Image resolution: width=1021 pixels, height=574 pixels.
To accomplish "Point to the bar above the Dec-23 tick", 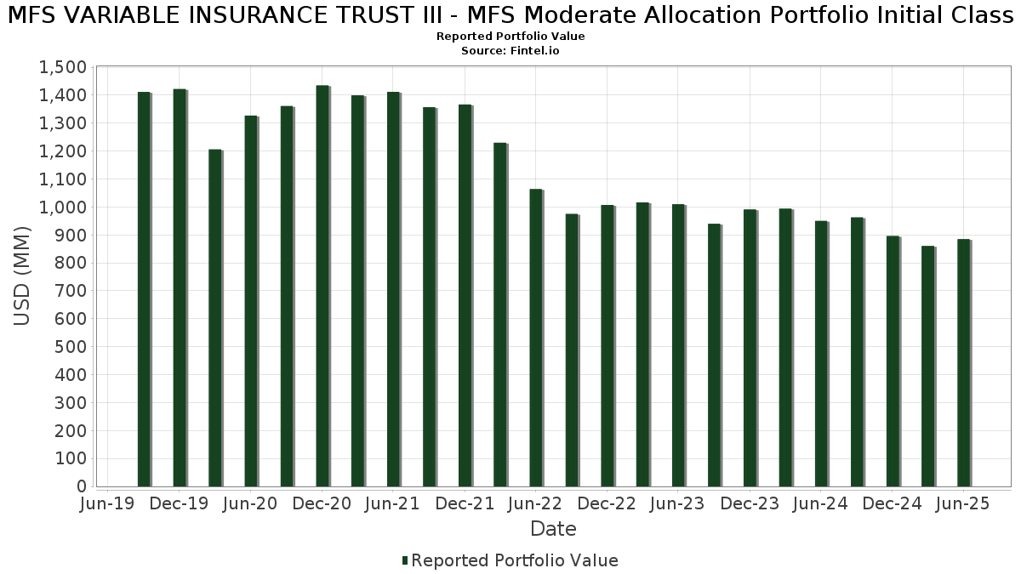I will tap(750, 348).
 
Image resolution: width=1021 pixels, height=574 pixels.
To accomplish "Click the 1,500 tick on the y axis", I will tap(62, 68).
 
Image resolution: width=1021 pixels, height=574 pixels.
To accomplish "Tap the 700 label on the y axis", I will tap(72, 291).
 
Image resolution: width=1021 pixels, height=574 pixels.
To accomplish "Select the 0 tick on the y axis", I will tap(82, 486).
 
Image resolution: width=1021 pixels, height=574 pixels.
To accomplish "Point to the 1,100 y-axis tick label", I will tap(62, 179).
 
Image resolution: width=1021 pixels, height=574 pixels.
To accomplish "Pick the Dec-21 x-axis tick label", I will tap(465, 504).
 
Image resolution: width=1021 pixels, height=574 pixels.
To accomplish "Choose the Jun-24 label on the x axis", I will tap(821, 504).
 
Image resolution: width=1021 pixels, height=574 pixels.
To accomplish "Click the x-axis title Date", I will tap(553, 529).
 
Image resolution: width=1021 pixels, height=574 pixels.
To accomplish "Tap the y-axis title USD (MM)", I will tap(23, 276).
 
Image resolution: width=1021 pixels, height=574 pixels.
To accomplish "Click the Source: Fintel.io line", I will tap(510, 51).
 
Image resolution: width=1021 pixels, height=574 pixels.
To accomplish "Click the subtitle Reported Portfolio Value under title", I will tap(510, 37).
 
